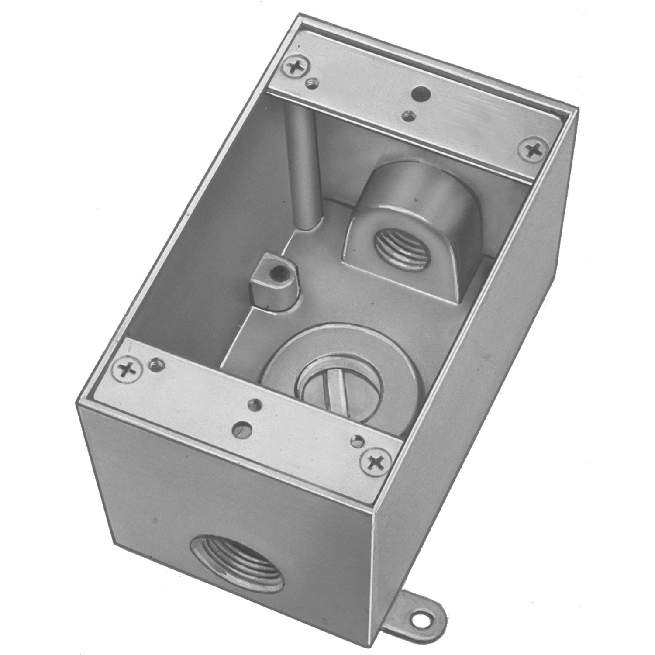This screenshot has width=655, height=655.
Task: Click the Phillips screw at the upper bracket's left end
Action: click(x=296, y=67)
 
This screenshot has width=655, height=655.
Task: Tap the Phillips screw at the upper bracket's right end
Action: click(x=533, y=150)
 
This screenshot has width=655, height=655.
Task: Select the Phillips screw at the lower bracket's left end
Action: click(x=128, y=370)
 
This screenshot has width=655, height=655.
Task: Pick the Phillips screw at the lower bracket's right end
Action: click(x=375, y=461)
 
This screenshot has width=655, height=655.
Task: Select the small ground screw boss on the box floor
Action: click(x=273, y=284)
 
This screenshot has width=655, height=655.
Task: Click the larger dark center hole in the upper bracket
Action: click(x=421, y=93)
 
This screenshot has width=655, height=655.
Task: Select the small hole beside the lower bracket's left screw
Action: click(x=156, y=363)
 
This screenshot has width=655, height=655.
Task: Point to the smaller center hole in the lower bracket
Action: click(x=254, y=406)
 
